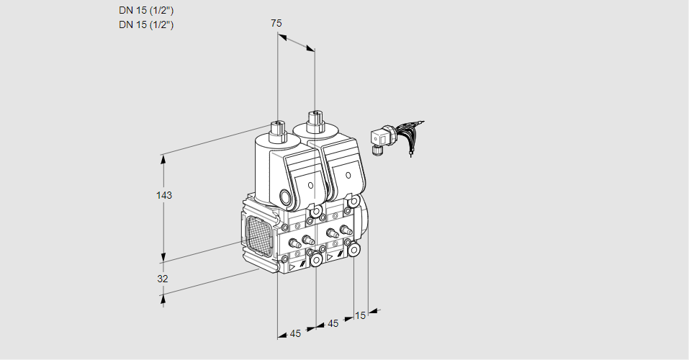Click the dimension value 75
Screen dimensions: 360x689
point(276,23)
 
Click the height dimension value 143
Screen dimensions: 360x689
point(166,195)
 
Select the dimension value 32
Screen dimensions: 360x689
point(163,279)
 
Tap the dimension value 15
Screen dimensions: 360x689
point(361,315)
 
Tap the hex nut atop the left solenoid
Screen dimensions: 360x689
point(276,130)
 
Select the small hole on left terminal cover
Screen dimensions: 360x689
point(311,186)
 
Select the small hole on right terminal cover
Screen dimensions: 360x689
point(348,175)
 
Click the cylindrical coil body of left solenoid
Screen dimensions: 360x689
point(267,169)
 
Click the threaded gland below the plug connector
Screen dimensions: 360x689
point(375,150)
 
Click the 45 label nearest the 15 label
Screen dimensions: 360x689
point(333,323)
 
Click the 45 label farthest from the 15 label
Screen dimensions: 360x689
point(295,333)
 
